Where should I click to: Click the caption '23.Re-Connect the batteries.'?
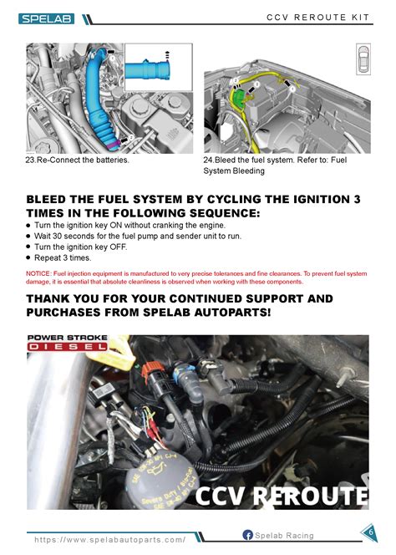[78, 160]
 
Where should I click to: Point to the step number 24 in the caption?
[209, 160]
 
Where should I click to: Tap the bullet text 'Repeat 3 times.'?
[66, 258]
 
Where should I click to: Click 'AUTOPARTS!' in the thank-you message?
[244, 312]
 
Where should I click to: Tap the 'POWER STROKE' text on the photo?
[67, 339]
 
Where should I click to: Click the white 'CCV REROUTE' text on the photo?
[281, 496]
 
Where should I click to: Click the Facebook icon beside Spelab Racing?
[247, 535]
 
